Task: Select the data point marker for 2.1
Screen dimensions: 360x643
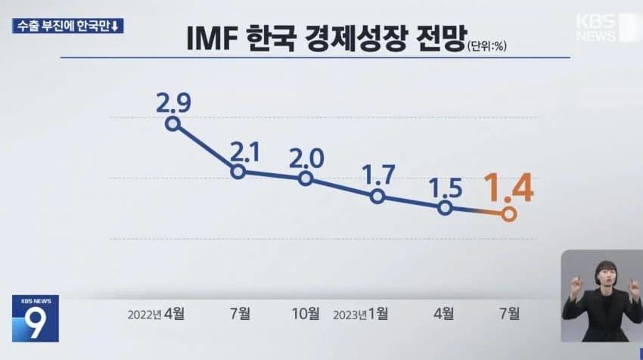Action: (238, 172)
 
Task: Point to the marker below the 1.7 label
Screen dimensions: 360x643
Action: (377, 197)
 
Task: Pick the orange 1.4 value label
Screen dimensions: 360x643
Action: (508, 189)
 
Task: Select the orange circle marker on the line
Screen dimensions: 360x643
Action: (508, 215)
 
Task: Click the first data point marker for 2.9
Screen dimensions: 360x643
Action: (173, 124)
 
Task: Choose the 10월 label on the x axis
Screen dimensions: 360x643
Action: (306, 312)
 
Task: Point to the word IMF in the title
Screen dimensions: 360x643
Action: (213, 39)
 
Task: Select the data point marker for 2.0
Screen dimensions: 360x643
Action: (306, 178)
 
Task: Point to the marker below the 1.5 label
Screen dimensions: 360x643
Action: (445, 208)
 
